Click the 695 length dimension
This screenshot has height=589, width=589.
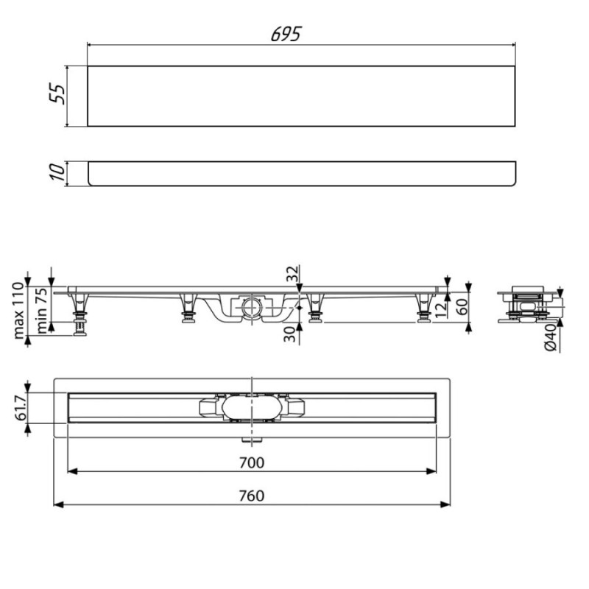pyautogui.click(x=286, y=34)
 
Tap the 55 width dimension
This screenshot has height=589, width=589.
pyautogui.click(x=57, y=94)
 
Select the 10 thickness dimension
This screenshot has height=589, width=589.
pyautogui.click(x=57, y=172)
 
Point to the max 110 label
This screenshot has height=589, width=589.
pyautogui.click(x=18, y=311)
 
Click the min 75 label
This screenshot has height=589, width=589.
pyautogui.click(x=42, y=311)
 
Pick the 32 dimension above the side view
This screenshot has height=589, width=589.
pyautogui.click(x=292, y=273)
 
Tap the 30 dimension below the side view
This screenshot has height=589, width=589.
pyautogui.click(x=289, y=334)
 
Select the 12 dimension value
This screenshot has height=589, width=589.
pyautogui.click(x=441, y=309)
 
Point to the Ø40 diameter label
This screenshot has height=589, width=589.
pyautogui.click(x=550, y=337)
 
